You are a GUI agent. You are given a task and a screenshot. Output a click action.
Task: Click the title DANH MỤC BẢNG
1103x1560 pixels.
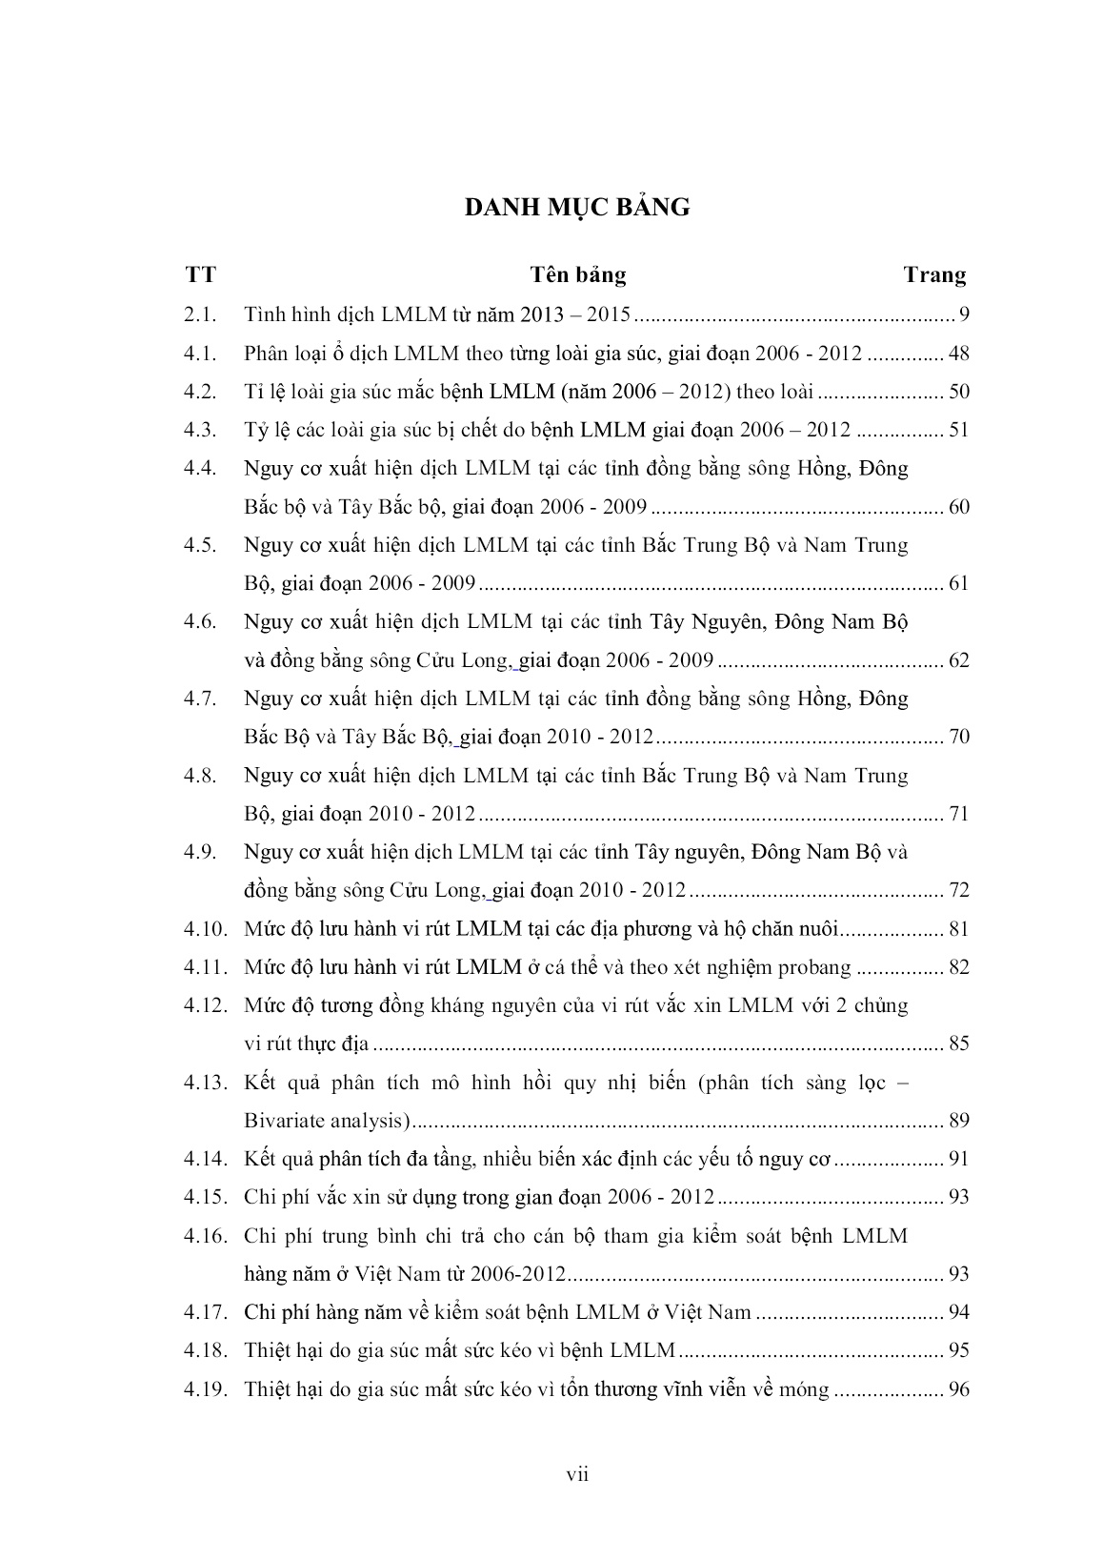coord(577,207)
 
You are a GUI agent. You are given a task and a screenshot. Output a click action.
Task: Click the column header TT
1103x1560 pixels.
coord(201,275)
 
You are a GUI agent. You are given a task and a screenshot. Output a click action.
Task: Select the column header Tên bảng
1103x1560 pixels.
coord(577,275)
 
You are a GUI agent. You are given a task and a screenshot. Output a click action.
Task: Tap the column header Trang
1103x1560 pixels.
coord(933,275)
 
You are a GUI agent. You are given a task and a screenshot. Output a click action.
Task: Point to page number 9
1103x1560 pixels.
coord(963,314)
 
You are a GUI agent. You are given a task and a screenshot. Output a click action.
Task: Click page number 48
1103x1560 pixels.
coord(958,354)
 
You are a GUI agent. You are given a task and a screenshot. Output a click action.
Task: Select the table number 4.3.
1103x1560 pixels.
coord(201,430)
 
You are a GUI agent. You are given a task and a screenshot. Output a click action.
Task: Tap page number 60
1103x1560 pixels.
coord(958,506)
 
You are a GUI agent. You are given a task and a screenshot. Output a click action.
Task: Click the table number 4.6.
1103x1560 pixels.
coord(201,621)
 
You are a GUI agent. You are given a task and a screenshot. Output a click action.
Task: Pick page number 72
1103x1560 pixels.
coord(958,890)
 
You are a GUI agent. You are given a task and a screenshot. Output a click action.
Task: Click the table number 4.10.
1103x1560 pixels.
coord(206,929)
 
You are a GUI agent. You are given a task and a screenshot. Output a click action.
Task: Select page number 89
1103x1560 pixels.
coord(958,1121)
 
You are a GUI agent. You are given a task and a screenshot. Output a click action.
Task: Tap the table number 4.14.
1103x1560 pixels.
coord(206,1159)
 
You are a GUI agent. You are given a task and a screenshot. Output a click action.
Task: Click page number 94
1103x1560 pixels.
coord(958,1312)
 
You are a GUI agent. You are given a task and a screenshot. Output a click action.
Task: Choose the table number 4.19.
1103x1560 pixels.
coord(206,1389)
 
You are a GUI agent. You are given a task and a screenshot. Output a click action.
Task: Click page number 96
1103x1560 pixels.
coord(958,1389)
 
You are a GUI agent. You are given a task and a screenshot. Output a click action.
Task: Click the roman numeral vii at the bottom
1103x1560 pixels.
coord(577,1475)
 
